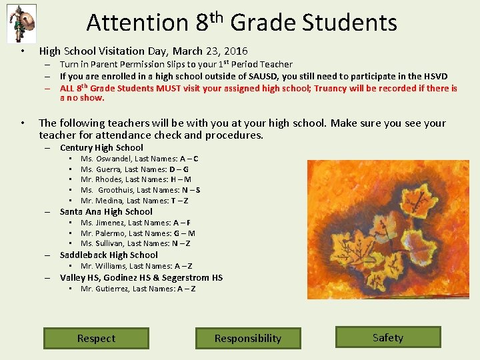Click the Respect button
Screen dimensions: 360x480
(96, 338)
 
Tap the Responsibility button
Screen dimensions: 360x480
(247, 338)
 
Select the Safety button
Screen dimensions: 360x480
(388, 337)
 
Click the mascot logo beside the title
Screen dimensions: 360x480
(21, 23)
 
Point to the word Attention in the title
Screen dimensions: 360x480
(137, 23)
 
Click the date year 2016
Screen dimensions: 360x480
(236, 51)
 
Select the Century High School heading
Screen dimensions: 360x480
(101, 148)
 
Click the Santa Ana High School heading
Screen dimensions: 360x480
(106, 212)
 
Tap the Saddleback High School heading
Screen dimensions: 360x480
(109, 255)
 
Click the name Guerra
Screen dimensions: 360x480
(107, 169)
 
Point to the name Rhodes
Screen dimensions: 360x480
(108, 179)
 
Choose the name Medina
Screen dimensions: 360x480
(107, 201)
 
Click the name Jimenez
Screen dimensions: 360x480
(109, 223)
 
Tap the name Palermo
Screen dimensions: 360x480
(109, 233)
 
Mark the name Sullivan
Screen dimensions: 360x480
(107, 244)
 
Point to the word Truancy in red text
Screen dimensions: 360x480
(331, 89)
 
